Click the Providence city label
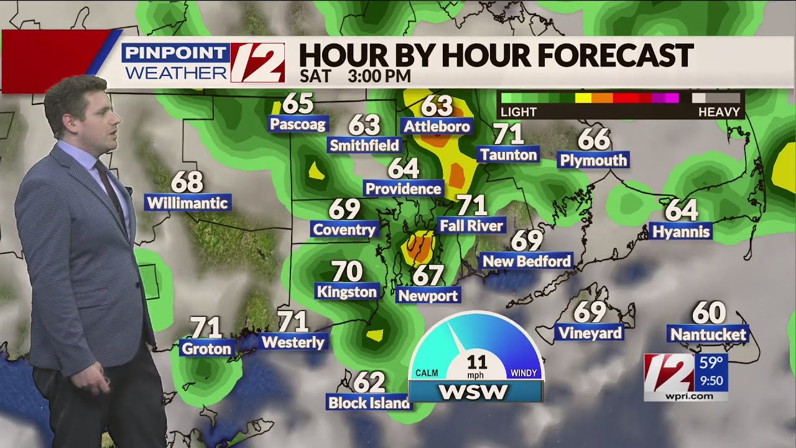(x=404, y=189)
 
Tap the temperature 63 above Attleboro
(x=437, y=106)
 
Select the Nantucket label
(x=708, y=334)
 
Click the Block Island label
(x=369, y=403)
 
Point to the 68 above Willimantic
(x=187, y=182)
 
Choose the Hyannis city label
(x=681, y=232)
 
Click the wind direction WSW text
(x=473, y=392)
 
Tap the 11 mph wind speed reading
(x=476, y=362)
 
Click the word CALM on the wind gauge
(x=427, y=373)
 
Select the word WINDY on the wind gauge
(x=524, y=373)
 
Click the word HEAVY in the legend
(x=720, y=113)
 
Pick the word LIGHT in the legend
(x=519, y=113)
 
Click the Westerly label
(x=293, y=342)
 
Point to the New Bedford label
(x=527, y=261)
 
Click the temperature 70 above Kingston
(x=346, y=271)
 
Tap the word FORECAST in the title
(x=615, y=55)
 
